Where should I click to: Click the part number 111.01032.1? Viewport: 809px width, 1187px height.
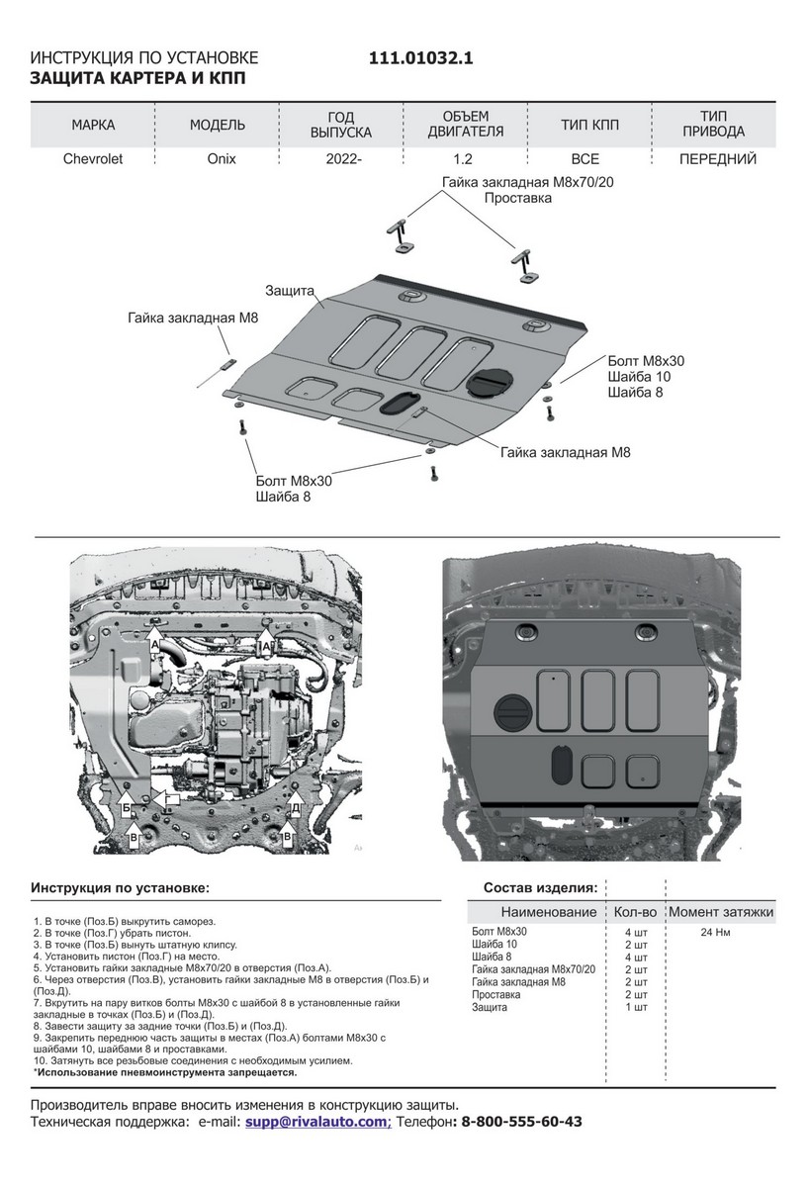tap(421, 58)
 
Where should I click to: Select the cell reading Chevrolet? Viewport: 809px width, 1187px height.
tap(93, 158)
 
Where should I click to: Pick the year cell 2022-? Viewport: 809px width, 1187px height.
tap(342, 158)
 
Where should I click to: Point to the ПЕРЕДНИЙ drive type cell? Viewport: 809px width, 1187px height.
tap(718, 158)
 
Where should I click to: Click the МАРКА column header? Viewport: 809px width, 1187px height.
tap(93, 125)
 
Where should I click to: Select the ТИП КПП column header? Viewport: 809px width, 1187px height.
tap(589, 125)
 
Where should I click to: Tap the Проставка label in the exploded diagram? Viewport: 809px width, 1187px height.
tap(518, 198)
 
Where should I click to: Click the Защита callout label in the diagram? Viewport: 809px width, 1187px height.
tap(289, 291)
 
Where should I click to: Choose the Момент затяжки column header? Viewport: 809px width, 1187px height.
tap(721, 911)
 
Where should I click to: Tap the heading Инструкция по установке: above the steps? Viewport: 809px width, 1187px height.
tap(120, 887)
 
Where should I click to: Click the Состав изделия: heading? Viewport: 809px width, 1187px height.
tap(539, 887)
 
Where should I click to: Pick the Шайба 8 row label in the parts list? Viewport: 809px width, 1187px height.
tap(492, 957)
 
